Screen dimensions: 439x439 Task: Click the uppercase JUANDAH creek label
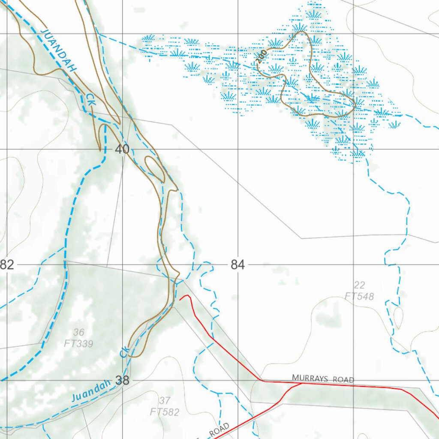pos(59,50)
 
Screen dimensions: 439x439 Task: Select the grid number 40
pos(122,150)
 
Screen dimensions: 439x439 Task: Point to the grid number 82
pos(7,265)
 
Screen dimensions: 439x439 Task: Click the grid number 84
pos(238,265)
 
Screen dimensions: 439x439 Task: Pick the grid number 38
pos(122,380)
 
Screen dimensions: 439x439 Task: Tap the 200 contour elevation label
pos(262,57)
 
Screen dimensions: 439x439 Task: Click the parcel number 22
pos(359,285)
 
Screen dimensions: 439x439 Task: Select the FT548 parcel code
pos(359,296)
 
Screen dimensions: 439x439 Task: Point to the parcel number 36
pos(78,332)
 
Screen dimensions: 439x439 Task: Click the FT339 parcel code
pos(78,343)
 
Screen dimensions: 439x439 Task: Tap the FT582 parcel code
pos(164,412)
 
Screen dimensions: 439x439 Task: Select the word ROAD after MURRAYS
pos(344,380)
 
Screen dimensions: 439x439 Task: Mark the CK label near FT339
pos(124,352)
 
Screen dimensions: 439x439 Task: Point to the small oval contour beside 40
pos(154,168)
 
